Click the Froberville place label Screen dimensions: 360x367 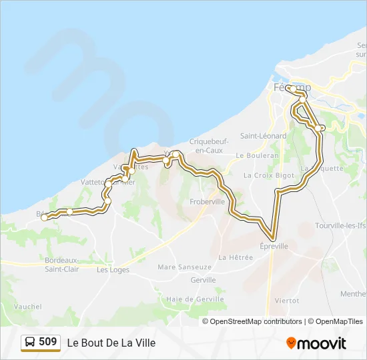coord(208,201)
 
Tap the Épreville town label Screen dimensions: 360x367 coord(274,246)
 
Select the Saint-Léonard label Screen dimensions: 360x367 coord(264,136)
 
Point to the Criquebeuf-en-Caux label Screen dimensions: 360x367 coord(206,145)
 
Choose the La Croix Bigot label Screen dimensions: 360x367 coord(268,175)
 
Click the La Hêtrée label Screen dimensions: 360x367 coord(236,257)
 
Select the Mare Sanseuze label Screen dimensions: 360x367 coord(185,267)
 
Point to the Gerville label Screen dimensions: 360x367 coord(203,280)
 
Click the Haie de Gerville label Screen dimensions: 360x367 coord(196,299)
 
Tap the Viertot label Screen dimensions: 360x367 coord(287,301)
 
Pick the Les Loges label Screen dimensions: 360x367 coord(113,270)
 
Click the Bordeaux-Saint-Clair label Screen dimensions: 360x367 coord(62,264)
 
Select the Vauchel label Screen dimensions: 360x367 coord(27,307)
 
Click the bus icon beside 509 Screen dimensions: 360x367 coord(30,343)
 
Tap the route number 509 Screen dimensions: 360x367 coord(48,342)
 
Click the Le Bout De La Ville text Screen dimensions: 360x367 coord(111,343)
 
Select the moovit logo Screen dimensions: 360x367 coord(316,343)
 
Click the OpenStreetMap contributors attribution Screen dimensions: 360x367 coord(256,321)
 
